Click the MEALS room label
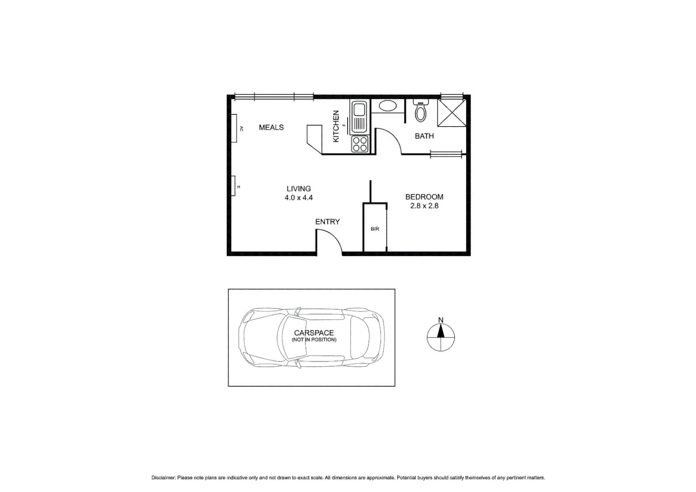tap(271, 128)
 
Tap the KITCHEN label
tap(336, 126)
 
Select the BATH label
tap(424, 136)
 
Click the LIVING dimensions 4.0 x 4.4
tap(298, 198)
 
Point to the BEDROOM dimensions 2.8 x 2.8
tap(424, 206)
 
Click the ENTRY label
tap(328, 222)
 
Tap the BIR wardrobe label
tap(375, 229)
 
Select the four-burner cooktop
tap(359, 144)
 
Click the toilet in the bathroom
tap(420, 112)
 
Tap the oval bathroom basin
tap(388, 106)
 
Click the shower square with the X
tap(451, 112)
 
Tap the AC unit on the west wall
tap(234, 128)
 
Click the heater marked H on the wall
tap(233, 186)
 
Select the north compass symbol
tap(440, 338)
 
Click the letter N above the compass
tap(440, 320)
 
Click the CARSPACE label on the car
tap(314, 333)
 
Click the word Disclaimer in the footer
tap(163, 478)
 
